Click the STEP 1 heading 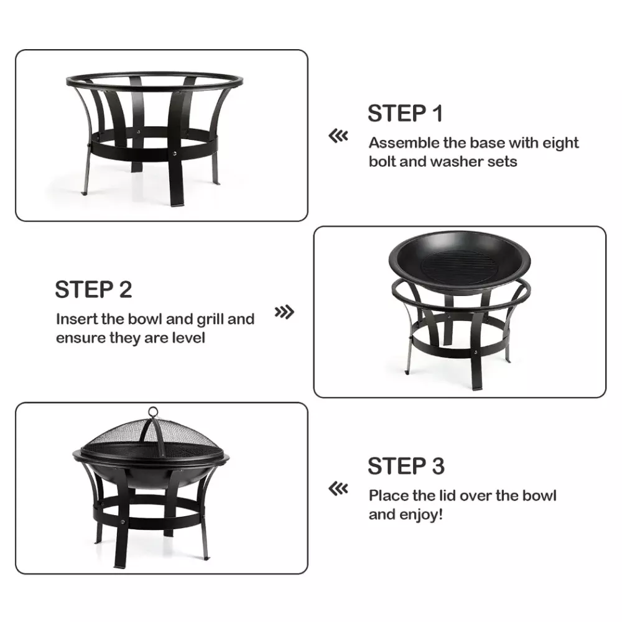click(x=405, y=113)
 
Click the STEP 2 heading click(x=93, y=290)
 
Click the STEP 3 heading click(x=406, y=466)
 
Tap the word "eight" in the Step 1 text click(x=560, y=144)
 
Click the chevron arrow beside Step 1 click(x=338, y=136)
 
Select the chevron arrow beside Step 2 click(x=284, y=312)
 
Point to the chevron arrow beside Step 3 click(x=338, y=489)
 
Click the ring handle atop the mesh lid click(x=153, y=412)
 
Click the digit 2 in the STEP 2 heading click(x=126, y=290)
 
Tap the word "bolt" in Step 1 click(x=383, y=162)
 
